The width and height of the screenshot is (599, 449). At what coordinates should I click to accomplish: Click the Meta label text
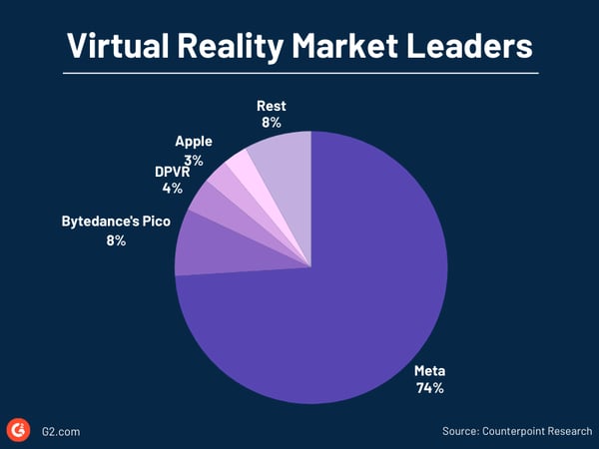[x=429, y=371]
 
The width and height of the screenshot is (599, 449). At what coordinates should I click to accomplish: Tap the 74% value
[x=430, y=388]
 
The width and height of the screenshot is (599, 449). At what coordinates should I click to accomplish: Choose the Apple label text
[x=194, y=142]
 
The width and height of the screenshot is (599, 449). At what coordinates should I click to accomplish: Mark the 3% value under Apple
[x=194, y=160]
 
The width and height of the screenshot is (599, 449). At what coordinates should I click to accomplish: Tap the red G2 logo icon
[x=18, y=430]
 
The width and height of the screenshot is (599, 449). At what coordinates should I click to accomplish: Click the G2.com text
[x=62, y=431]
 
